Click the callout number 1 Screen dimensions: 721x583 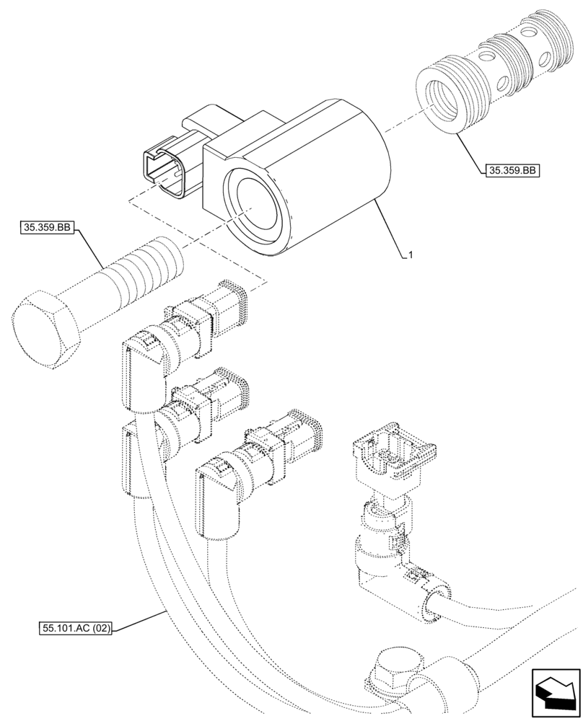tap(410, 255)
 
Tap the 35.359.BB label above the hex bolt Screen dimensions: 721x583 tap(46, 228)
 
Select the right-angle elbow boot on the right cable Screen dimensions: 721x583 tap(382, 584)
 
